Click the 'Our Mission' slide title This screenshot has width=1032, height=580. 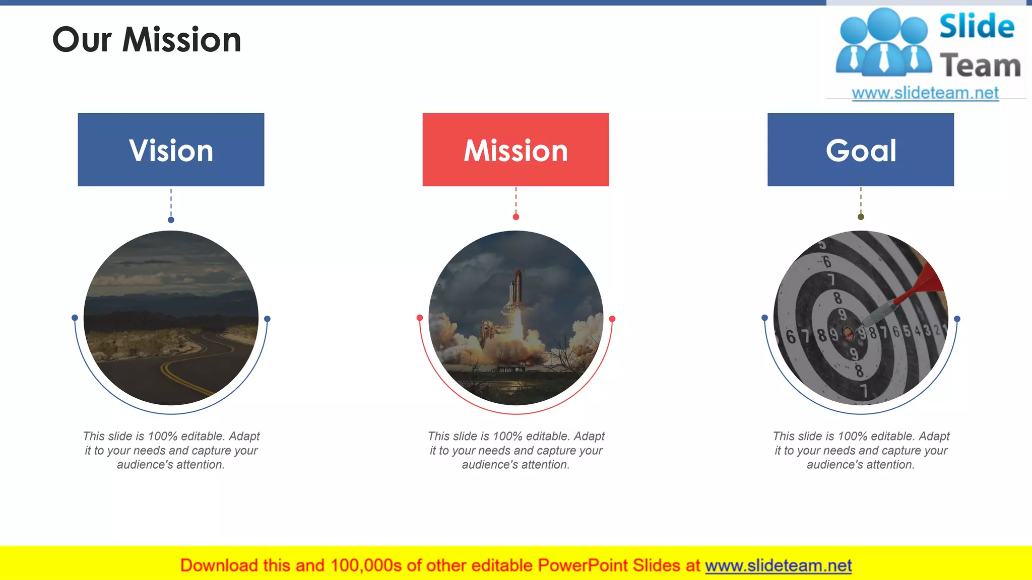coord(147,40)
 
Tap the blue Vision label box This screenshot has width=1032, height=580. coord(171,150)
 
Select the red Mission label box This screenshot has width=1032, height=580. coord(515,150)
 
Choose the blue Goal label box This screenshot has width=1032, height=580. coord(860,150)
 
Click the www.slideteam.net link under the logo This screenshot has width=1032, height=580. coord(925,93)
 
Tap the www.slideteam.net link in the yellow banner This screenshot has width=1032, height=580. coord(778,565)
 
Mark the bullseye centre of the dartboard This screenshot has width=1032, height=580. coord(849,333)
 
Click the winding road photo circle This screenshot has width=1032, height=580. coord(171,318)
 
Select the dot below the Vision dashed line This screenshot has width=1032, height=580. coord(171,220)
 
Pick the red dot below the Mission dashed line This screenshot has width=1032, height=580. coord(515,217)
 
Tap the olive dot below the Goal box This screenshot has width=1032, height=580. coord(861,217)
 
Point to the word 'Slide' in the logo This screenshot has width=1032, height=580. coord(977,26)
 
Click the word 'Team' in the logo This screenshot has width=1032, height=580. coord(980,65)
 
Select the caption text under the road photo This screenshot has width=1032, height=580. coord(171,450)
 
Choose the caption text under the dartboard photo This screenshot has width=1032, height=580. coord(861,450)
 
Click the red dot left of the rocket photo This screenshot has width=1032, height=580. coord(420,318)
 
